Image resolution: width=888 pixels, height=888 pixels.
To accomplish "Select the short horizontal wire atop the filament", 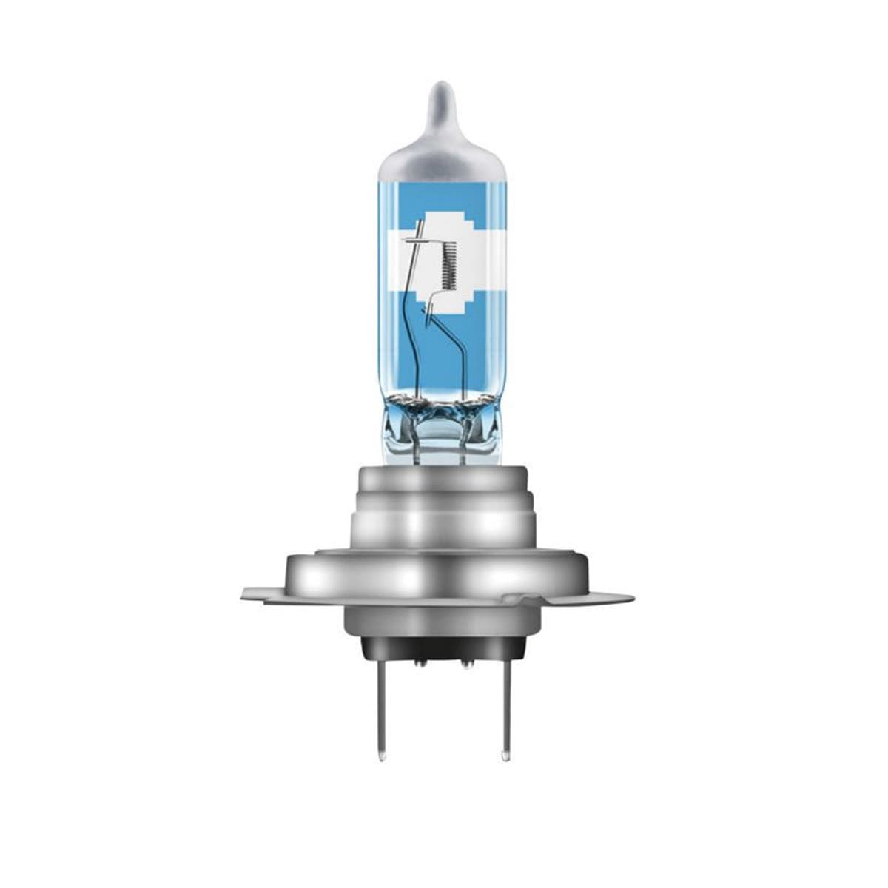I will click(418, 241).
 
